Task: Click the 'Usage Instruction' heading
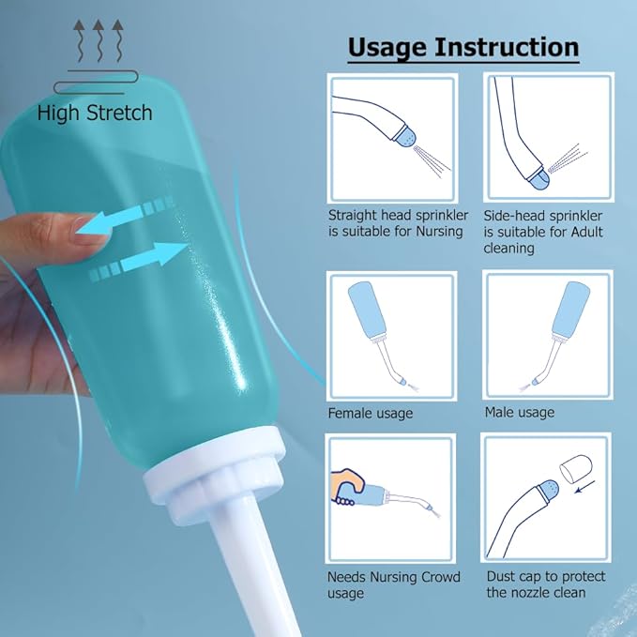[463, 47]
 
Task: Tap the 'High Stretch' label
[95, 114]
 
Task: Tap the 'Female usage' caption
[370, 413]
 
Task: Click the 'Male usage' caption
[519, 412]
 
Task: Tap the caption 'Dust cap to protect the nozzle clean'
[545, 584]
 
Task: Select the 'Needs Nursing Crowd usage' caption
[393, 584]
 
